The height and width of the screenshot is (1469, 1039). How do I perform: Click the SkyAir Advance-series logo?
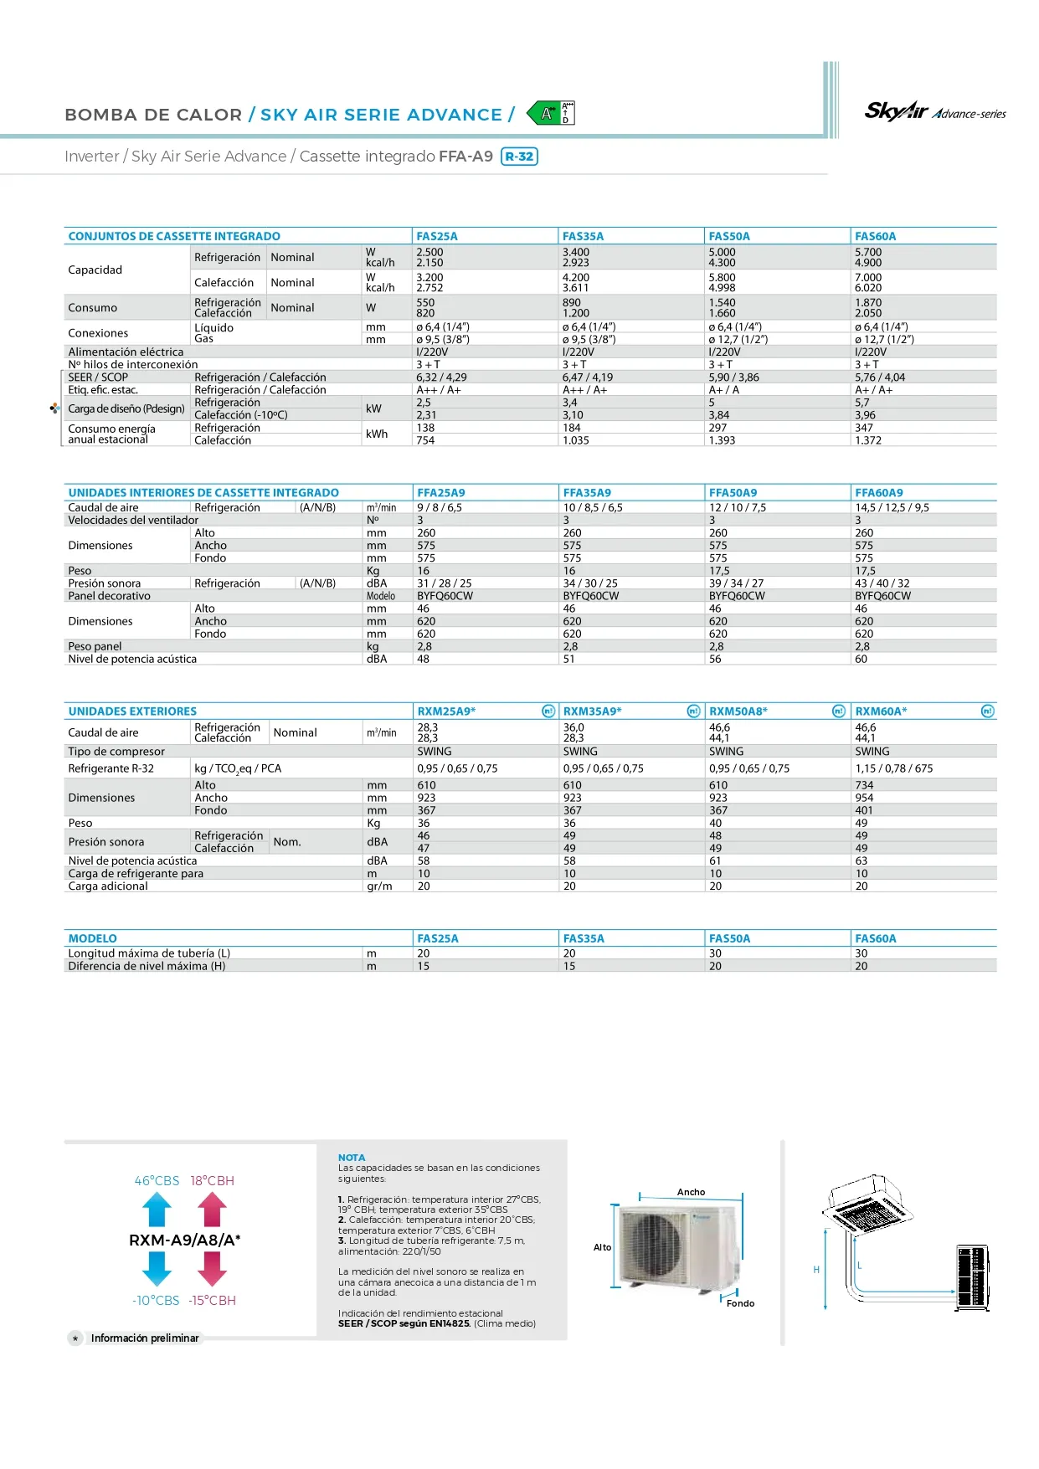[x=934, y=111]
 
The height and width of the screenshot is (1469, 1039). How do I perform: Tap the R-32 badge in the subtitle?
[x=519, y=157]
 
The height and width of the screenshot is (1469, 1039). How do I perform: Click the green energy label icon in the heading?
[x=551, y=113]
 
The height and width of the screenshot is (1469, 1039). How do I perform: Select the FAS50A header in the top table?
[x=729, y=236]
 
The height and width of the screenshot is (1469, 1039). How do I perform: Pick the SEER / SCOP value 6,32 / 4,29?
[x=441, y=378]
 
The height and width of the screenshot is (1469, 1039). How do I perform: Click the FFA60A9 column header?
[x=878, y=493]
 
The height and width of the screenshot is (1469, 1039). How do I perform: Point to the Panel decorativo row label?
[x=110, y=596]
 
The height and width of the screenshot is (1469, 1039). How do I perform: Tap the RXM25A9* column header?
[x=446, y=711]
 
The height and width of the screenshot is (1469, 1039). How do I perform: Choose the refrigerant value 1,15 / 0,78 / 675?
[x=893, y=768]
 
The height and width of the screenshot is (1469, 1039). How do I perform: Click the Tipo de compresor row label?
[x=116, y=752]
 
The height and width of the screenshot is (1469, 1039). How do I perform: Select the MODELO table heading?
[x=93, y=938]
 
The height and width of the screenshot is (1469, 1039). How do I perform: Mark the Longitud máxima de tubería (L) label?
[x=149, y=953]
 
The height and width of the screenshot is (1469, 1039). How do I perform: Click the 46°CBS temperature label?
[x=157, y=1180]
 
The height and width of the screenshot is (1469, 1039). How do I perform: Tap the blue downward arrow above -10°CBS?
[x=157, y=1268]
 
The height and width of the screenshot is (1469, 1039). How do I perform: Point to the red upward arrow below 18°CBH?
[x=212, y=1210]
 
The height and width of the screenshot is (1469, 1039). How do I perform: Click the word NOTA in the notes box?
[x=352, y=1158]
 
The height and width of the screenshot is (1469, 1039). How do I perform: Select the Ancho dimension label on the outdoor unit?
[x=691, y=1192]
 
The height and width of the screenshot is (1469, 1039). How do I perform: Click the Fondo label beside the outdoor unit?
[x=740, y=1303]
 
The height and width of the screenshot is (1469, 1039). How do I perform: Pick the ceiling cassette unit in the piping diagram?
[x=867, y=1204]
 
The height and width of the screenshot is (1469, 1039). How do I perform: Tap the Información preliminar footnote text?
[x=145, y=1338]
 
